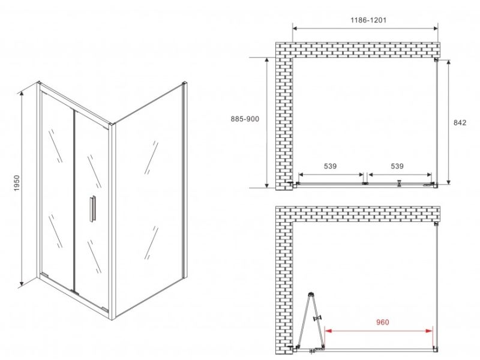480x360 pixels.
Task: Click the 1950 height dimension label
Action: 17,183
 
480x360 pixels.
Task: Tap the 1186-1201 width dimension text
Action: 368,20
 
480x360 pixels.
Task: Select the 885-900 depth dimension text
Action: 245,119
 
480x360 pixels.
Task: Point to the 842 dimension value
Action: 460,122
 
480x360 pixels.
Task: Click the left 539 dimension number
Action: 330,166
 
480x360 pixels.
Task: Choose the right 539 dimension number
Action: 397,166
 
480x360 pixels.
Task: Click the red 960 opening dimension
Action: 382,322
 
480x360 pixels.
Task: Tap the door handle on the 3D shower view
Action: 92,208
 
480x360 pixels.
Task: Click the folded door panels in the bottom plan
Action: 311,319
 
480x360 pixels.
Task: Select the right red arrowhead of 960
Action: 429,331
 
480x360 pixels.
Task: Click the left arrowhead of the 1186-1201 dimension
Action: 295,28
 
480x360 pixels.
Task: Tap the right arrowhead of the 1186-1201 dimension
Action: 436,28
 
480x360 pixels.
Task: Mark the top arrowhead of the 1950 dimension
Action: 22,94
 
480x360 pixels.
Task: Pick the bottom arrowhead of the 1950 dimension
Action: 22,283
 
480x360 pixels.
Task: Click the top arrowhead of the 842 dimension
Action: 449,62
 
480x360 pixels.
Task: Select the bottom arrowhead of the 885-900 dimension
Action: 267,185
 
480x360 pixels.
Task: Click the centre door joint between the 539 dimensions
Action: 365,184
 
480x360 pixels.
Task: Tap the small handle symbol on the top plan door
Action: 399,183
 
